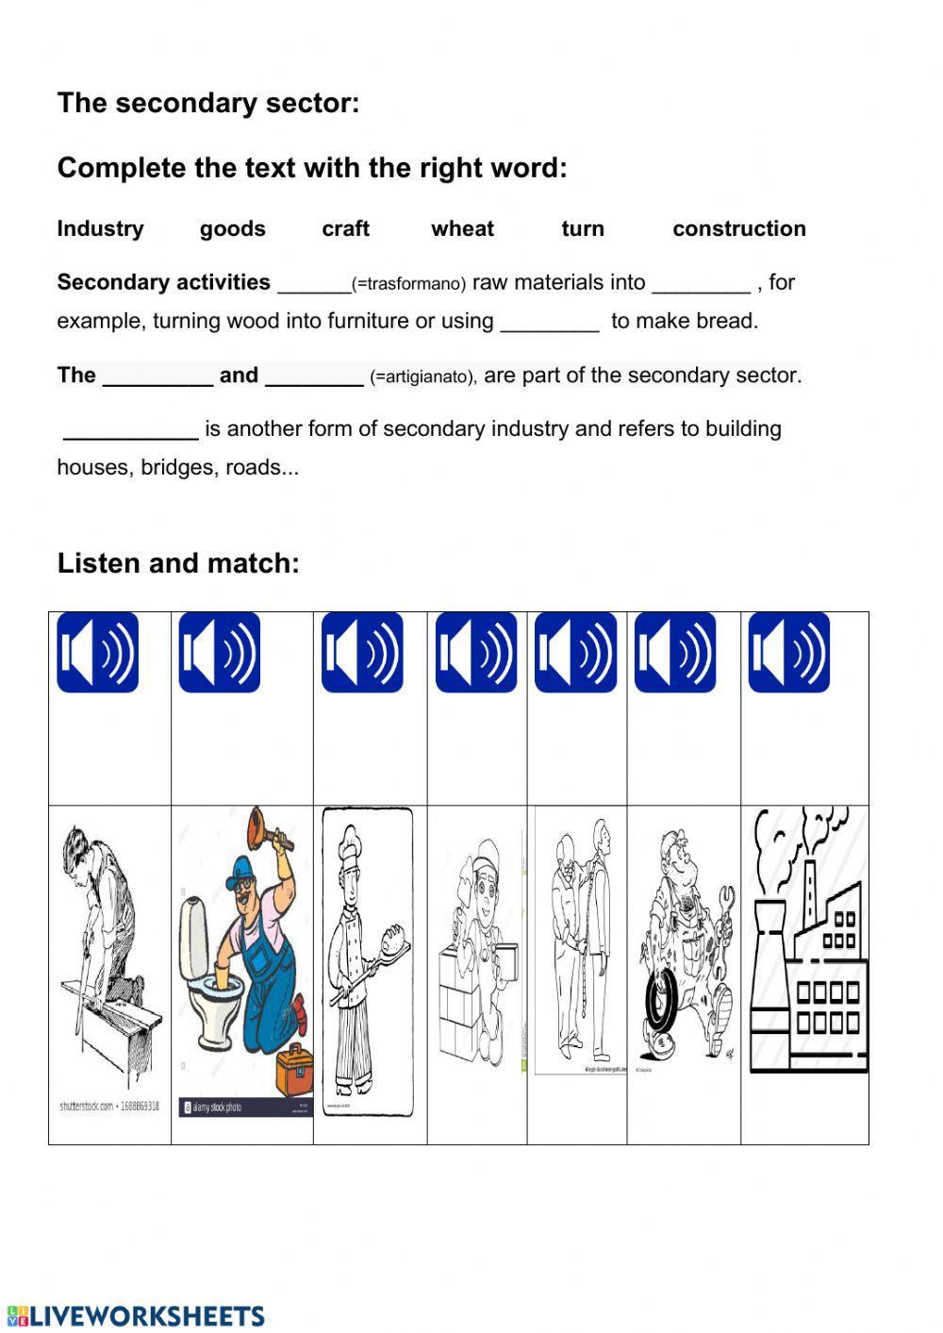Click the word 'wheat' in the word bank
[462, 229]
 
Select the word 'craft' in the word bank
[345, 229]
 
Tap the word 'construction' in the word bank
[738, 229]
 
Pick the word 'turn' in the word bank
[582, 229]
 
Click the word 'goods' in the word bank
[232, 229]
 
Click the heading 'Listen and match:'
[178, 563]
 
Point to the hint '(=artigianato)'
[423, 377]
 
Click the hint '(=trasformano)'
[408, 284]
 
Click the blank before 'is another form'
[131, 430]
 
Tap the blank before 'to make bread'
[549, 323]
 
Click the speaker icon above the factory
[788, 652]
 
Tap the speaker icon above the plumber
[219, 652]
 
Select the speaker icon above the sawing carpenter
[97, 652]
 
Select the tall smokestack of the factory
[768, 953]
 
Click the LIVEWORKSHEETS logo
[136, 1316]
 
